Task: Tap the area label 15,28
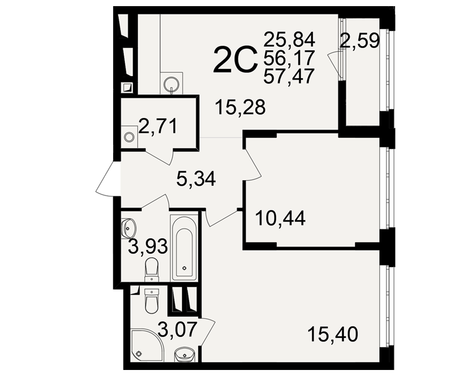(240, 107)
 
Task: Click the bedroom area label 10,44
(280, 218)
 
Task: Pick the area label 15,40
(333, 334)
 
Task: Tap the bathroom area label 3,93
(148, 246)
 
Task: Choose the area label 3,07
(178, 329)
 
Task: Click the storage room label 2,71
(158, 126)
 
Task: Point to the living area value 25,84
(289, 40)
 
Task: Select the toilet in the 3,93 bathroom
(151, 269)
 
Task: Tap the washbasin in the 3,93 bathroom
(129, 228)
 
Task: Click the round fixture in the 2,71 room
(129, 137)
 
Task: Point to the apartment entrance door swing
(105, 179)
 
